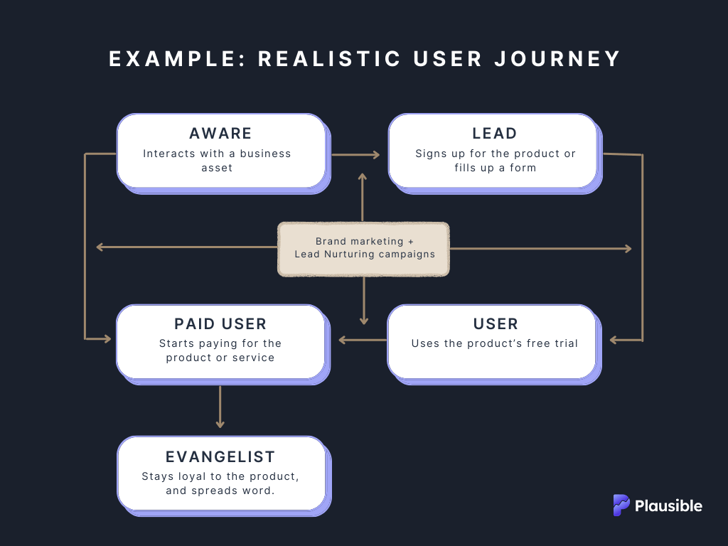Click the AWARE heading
(x=220, y=134)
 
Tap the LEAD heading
(x=495, y=134)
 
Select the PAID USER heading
(x=220, y=324)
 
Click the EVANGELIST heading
(x=220, y=456)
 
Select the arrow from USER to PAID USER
(x=363, y=340)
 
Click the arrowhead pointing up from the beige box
(x=363, y=176)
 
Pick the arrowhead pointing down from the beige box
(x=363, y=321)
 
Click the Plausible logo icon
(x=621, y=505)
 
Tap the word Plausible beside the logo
(x=668, y=506)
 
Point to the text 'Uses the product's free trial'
(x=494, y=343)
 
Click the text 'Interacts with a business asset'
(x=217, y=160)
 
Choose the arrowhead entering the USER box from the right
(x=614, y=340)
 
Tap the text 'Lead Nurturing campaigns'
(x=364, y=254)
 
